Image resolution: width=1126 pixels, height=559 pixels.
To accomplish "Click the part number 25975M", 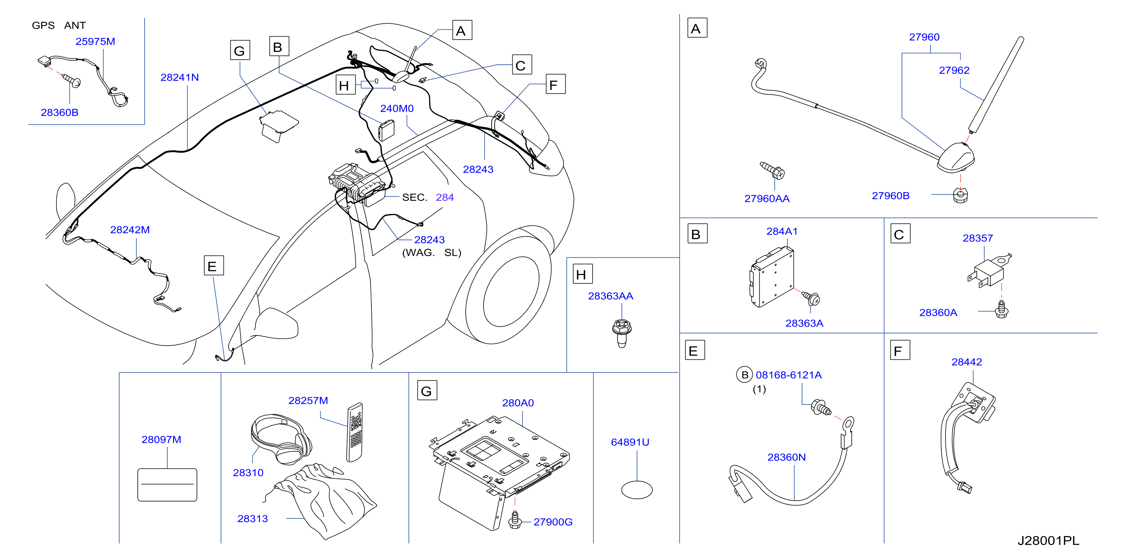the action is pyautogui.click(x=95, y=41).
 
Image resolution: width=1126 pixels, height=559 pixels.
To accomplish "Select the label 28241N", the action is pyautogui.click(x=180, y=77).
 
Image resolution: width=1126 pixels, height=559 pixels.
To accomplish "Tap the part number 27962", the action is pyautogui.click(x=954, y=70).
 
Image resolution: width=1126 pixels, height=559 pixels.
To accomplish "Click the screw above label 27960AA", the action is pyautogui.click(x=772, y=171).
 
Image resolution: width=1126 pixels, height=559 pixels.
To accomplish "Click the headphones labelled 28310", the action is pyautogui.click(x=281, y=438).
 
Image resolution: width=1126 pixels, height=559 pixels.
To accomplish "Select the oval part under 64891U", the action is pyautogui.click(x=637, y=490).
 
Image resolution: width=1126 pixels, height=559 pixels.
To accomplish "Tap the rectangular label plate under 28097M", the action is pyautogui.click(x=167, y=485).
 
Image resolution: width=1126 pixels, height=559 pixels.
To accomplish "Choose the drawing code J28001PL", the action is pyautogui.click(x=1048, y=541).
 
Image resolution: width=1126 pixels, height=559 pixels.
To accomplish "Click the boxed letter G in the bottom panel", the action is pyautogui.click(x=426, y=391).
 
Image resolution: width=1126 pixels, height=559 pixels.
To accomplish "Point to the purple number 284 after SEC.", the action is pyautogui.click(x=445, y=197).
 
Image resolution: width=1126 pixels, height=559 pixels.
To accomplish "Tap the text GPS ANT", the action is pyautogui.click(x=59, y=25).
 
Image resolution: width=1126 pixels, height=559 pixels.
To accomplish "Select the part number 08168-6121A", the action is pyautogui.click(x=788, y=375).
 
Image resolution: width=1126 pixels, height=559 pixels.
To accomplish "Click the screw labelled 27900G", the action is pyautogui.click(x=515, y=520).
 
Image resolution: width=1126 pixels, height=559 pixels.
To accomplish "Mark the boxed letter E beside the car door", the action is pyautogui.click(x=214, y=266).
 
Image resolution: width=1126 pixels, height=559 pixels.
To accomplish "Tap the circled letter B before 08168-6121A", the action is pyautogui.click(x=744, y=375).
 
